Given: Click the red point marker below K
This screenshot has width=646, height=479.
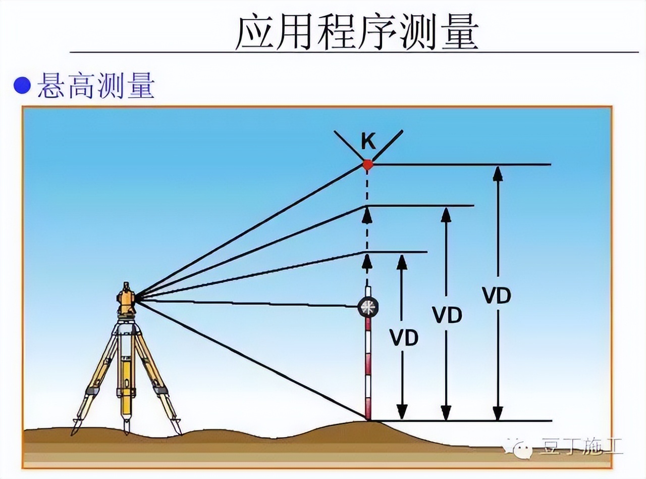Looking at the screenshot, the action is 367,165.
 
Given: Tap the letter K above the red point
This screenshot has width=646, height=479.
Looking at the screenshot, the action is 368,143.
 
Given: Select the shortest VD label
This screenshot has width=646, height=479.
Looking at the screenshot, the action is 404,338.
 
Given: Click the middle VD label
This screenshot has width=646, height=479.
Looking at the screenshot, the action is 447,315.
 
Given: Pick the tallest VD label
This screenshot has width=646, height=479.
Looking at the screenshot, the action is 497,296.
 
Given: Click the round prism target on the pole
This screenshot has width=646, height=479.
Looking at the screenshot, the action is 367,307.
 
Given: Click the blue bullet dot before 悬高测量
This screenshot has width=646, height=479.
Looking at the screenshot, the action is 22,85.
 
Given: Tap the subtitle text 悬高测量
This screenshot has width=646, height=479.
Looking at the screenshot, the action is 95,85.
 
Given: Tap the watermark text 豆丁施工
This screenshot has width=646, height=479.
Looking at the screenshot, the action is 580,447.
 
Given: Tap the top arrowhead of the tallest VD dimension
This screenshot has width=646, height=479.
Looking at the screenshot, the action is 498,172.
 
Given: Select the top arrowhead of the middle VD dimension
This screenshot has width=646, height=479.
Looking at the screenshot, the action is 446,213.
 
